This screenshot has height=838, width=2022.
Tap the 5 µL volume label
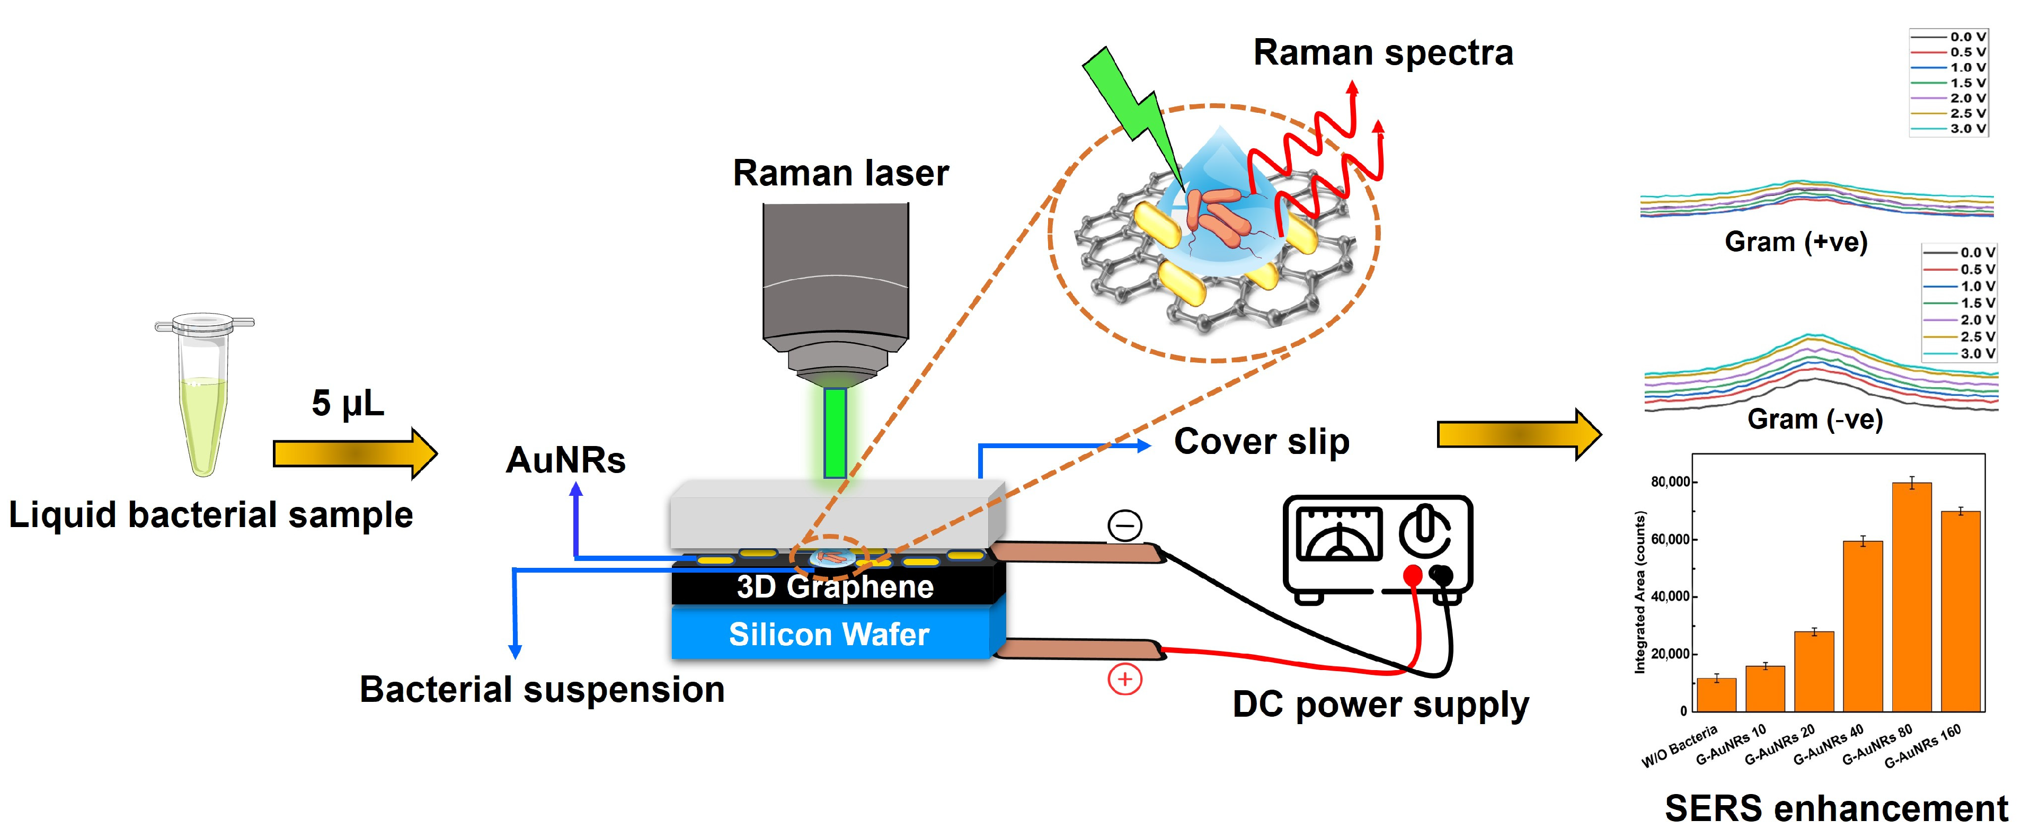[348, 403]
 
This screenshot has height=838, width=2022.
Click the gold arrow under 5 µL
[353, 453]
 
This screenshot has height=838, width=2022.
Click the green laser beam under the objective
[835, 433]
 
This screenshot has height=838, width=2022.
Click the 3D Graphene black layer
[835, 587]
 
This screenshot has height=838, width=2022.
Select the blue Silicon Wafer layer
[830, 634]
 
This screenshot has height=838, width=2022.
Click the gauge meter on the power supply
[1338, 533]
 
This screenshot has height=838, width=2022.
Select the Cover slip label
[1262, 442]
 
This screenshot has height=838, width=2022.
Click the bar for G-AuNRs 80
[1911, 596]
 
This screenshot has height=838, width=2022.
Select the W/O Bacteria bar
[1716, 694]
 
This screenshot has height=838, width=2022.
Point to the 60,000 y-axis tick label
[1670, 539]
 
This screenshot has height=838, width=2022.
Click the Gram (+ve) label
[1796, 242]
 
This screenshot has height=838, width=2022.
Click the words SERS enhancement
[1835, 809]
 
